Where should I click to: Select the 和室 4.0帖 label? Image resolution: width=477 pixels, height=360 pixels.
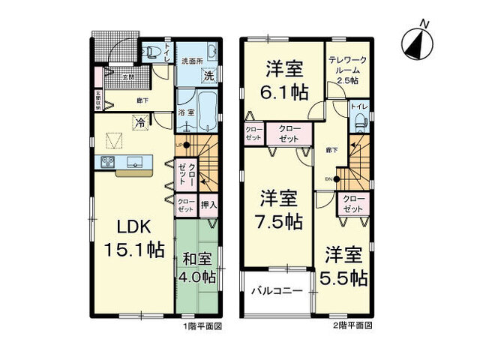tap(199, 268)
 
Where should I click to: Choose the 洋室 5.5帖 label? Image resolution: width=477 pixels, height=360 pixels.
tap(346, 266)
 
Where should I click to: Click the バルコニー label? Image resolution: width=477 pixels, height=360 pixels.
tap(276, 290)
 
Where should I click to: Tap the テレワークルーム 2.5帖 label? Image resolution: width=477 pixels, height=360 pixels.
tap(346, 70)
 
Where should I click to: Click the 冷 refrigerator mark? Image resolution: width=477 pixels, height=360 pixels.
tap(139, 120)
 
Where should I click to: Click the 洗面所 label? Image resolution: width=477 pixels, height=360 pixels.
tap(192, 61)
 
